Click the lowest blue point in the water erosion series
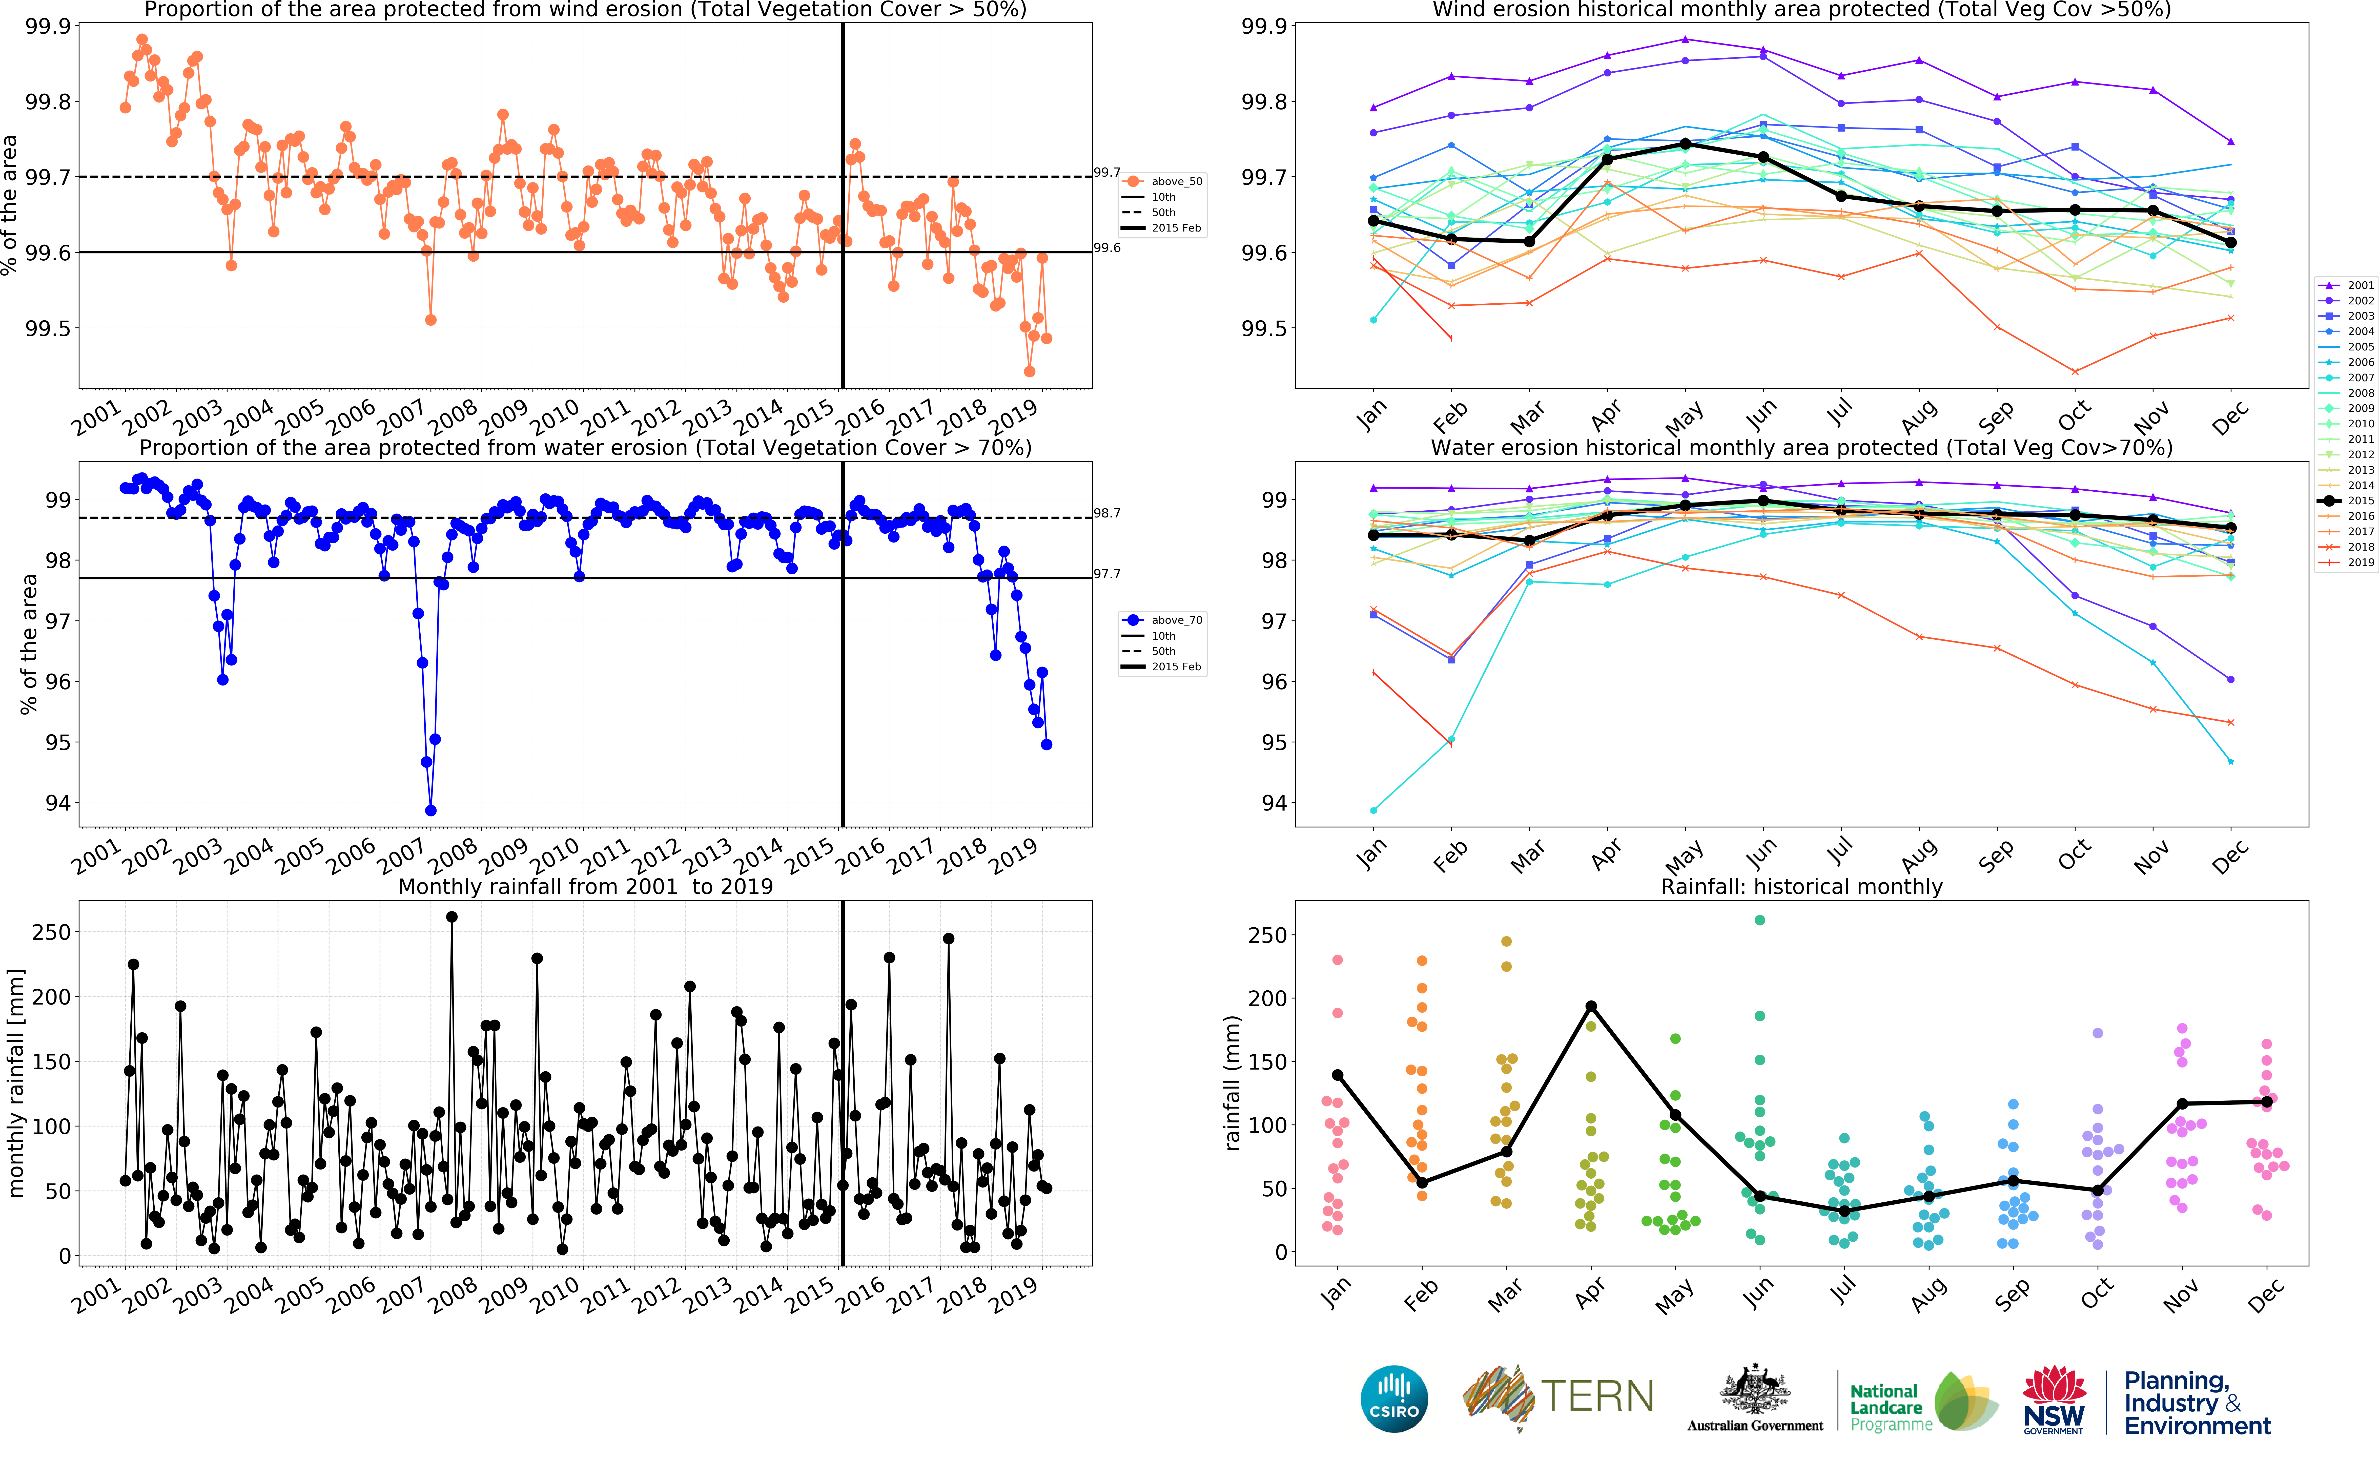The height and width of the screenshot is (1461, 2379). point(431,811)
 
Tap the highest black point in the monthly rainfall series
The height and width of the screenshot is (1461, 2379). point(451,917)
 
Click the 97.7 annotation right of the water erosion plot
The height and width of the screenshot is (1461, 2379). point(1106,574)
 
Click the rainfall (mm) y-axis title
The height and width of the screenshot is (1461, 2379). point(1231,1082)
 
